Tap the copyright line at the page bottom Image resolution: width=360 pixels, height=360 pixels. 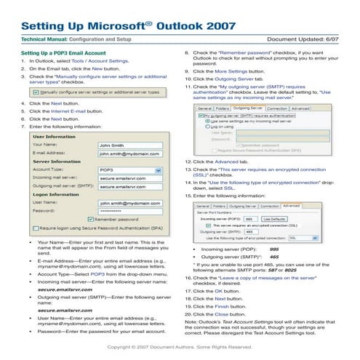click(x=180, y=350)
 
